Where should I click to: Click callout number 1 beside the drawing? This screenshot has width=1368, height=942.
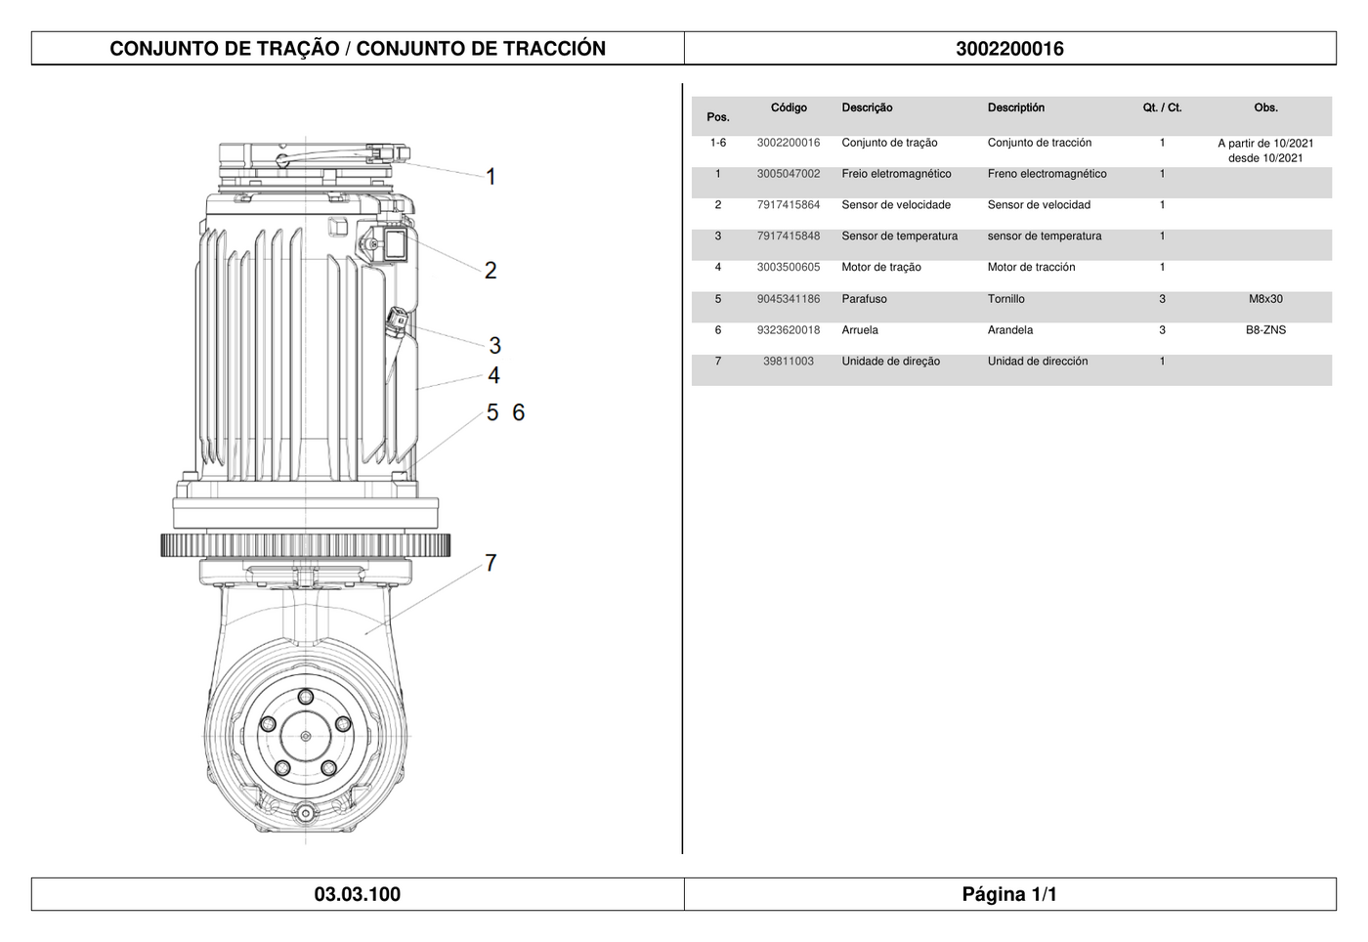pos(491,177)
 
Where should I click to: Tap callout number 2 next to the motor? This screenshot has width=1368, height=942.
pos(491,270)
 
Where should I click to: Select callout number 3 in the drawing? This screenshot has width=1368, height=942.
pos(494,346)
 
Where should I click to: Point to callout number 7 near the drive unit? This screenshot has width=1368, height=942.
pos(491,563)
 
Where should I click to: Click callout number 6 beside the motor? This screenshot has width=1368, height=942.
pos(519,412)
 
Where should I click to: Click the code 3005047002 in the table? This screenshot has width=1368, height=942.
pos(789,174)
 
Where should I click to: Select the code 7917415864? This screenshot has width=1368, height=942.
pos(789,204)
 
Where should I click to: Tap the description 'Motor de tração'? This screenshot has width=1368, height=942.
pos(881,267)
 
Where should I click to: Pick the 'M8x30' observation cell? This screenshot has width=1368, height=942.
pos(1265,299)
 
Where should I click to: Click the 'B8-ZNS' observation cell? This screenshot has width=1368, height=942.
pos(1265,330)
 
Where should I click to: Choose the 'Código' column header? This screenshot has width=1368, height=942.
pos(789,107)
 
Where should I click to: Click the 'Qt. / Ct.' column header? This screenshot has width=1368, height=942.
pos(1162,107)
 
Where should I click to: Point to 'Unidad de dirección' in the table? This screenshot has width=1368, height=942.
pos(1038,361)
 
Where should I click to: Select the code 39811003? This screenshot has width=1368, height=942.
pos(789,361)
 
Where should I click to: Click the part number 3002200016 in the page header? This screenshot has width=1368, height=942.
pos(1009,49)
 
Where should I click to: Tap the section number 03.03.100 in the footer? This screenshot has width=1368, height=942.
pos(358,894)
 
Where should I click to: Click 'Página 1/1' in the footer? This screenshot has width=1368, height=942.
pos(1009,894)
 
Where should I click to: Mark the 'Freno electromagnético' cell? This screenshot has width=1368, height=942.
pos(1047,174)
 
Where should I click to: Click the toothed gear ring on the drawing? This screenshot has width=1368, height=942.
pos(305,545)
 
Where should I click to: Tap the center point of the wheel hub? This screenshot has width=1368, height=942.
pos(305,736)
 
